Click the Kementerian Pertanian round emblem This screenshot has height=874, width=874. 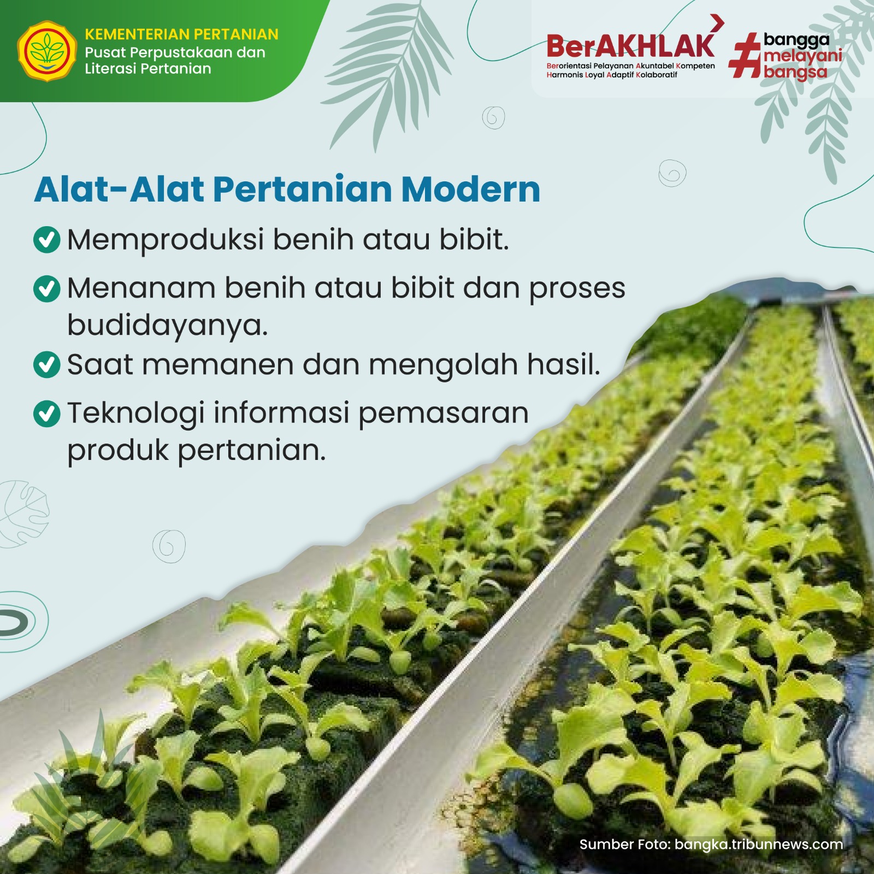coord(47,51)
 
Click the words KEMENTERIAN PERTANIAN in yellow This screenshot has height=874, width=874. coord(181,34)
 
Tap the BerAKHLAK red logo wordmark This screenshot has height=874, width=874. coord(630,46)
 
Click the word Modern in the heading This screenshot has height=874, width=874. coord(470,190)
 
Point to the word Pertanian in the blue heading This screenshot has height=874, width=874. coord(302,190)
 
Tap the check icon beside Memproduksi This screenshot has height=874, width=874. coord(47,240)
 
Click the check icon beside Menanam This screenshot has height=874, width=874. coord(47,288)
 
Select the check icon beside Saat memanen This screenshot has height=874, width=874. coord(47,365)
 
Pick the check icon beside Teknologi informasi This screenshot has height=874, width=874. coord(47,414)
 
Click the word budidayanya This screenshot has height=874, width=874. coord(168,326)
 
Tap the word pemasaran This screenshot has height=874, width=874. coord(444,414)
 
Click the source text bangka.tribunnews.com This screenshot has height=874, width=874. coord(759,845)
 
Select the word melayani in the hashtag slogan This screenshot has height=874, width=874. coord(803,56)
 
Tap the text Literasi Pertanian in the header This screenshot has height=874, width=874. coord(148,69)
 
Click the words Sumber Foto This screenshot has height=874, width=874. coord(625,845)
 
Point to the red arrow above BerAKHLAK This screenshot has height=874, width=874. coord(717,23)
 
